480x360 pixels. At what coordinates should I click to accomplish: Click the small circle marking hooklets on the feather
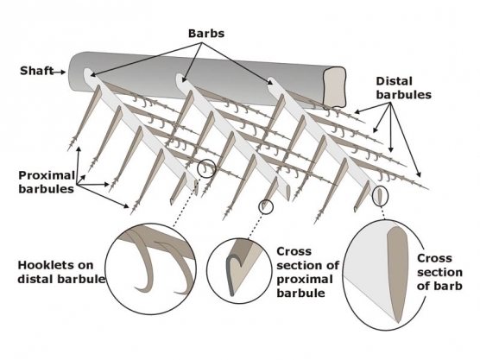[205, 167]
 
